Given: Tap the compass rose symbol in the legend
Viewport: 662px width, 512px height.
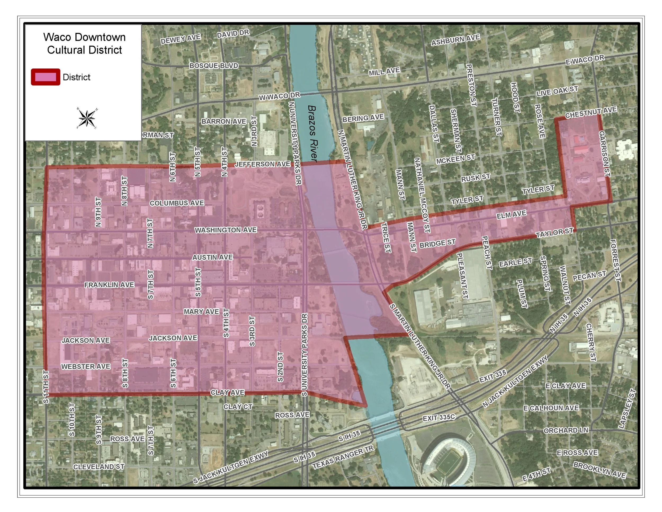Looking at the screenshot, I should coord(87,118).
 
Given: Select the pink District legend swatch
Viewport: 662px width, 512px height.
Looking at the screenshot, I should coord(46,77).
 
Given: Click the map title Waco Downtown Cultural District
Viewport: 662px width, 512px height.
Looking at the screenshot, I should coord(84,43).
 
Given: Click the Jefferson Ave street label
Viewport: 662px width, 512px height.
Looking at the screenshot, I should coord(262,164).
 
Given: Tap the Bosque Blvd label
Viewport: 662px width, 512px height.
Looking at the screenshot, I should coord(214,66).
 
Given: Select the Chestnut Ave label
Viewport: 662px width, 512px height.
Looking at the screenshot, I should coord(591,113).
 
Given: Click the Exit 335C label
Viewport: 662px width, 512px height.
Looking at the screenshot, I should coord(439,418).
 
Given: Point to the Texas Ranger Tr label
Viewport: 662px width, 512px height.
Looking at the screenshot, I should coord(343,457).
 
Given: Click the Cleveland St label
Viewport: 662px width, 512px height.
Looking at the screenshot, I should coord(99,466).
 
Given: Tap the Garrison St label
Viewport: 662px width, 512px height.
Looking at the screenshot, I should coord(604,154).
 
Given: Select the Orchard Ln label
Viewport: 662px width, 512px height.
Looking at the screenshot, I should coord(566,430).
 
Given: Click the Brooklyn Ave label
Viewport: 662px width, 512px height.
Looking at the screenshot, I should coord(599,470).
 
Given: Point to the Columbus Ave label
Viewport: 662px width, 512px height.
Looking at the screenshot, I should coord(177,203).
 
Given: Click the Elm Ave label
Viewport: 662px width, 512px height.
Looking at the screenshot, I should coord(511,215).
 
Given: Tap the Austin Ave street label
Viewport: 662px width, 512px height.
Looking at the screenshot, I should coord(212,257).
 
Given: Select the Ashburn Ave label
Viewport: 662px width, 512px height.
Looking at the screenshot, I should coord(455,40).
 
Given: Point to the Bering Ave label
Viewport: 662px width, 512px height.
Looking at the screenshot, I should coord(363,118).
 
